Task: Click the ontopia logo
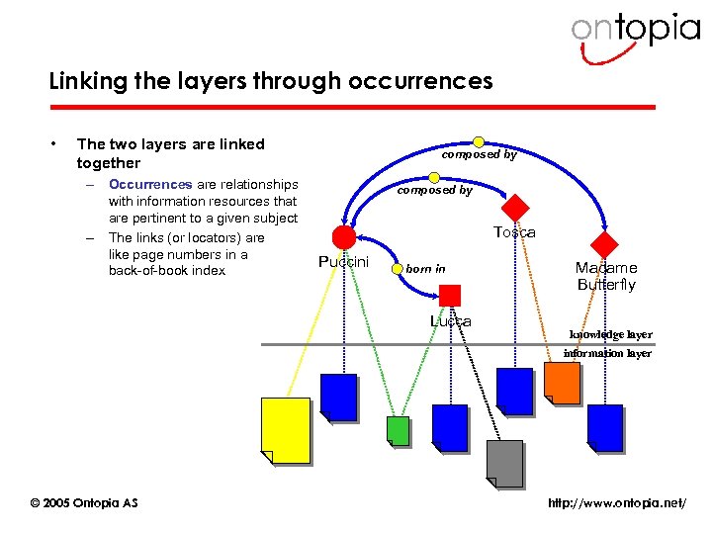634,30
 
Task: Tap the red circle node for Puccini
343,237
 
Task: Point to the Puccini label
343,262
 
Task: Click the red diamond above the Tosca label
515,209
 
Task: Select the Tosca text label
514,232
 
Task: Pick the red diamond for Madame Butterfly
603,243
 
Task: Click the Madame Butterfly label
606,276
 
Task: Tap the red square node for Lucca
450,295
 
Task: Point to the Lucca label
450,321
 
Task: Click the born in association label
426,268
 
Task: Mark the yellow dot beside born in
398,267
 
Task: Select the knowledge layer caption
610,335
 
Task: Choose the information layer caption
607,353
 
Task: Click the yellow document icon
285,430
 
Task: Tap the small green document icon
398,431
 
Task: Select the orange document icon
563,384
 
